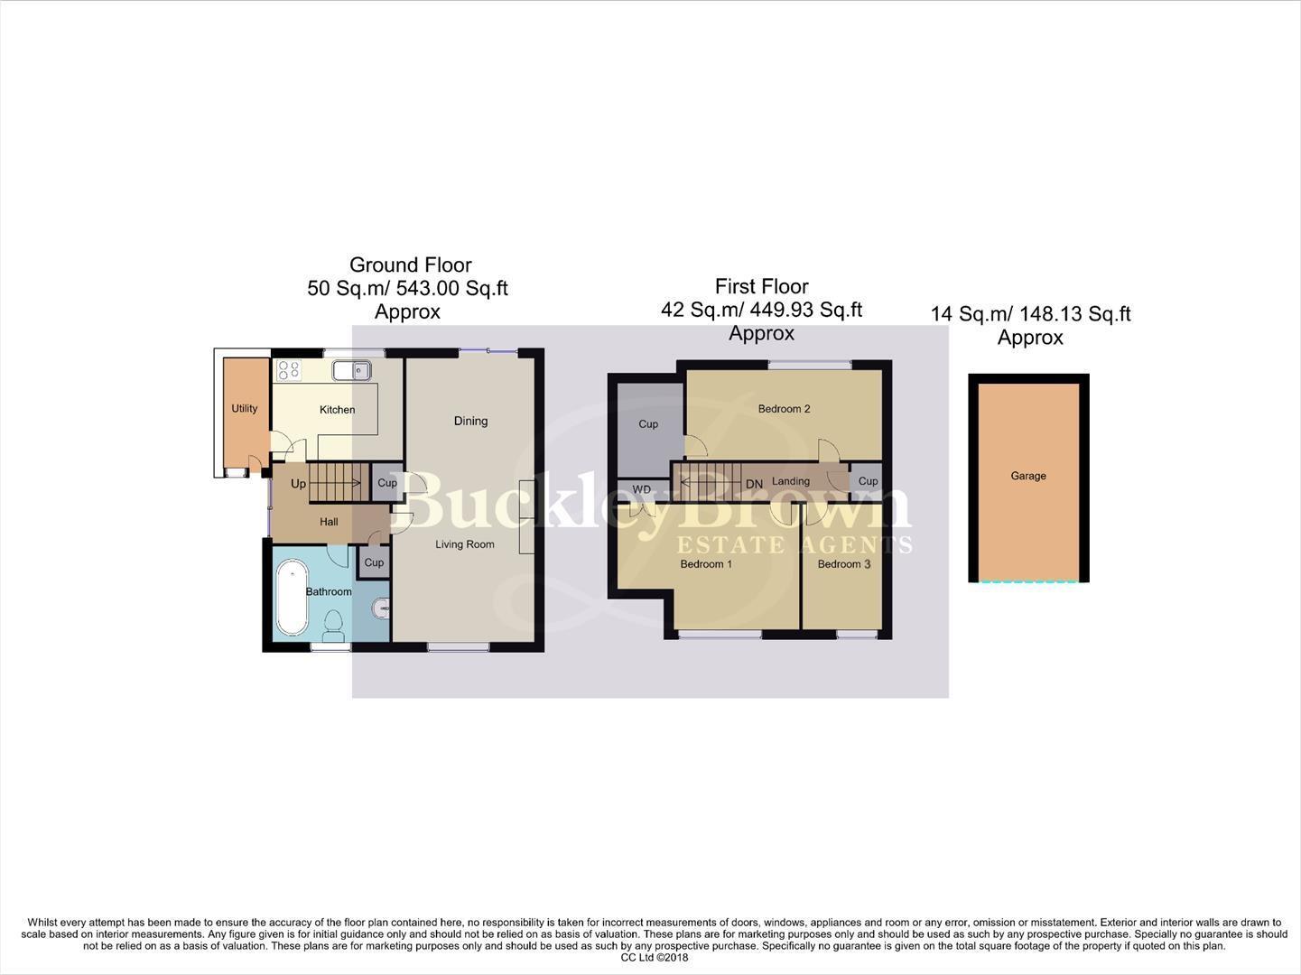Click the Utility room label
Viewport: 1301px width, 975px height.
pyautogui.click(x=245, y=408)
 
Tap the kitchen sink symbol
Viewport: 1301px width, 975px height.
pyautogui.click(x=351, y=370)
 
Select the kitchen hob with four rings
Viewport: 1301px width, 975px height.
pyautogui.click(x=289, y=370)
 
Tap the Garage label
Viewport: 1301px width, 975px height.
pyautogui.click(x=1028, y=476)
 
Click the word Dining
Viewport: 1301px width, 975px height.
pyautogui.click(x=470, y=421)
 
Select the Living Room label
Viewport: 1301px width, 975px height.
pyautogui.click(x=465, y=544)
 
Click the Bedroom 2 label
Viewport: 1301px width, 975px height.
pyautogui.click(x=784, y=409)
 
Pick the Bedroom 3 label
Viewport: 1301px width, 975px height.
pyautogui.click(x=844, y=564)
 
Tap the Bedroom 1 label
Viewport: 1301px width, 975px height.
pyautogui.click(x=706, y=564)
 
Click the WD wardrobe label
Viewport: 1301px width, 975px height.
pyautogui.click(x=642, y=489)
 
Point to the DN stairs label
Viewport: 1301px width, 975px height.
pyautogui.click(x=755, y=484)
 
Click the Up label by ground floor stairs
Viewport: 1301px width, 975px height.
pyautogui.click(x=298, y=484)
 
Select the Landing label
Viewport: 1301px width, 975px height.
pyautogui.click(x=791, y=481)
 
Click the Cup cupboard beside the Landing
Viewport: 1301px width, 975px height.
pyautogui.click(x=869, y=481)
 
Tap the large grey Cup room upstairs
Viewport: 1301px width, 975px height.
pyautogui.click(x=648, y=424)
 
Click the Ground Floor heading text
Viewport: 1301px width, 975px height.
pyautogui.click(x=410, y=265)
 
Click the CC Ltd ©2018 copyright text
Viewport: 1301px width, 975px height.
pyautogui.click(x=655, y=958)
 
